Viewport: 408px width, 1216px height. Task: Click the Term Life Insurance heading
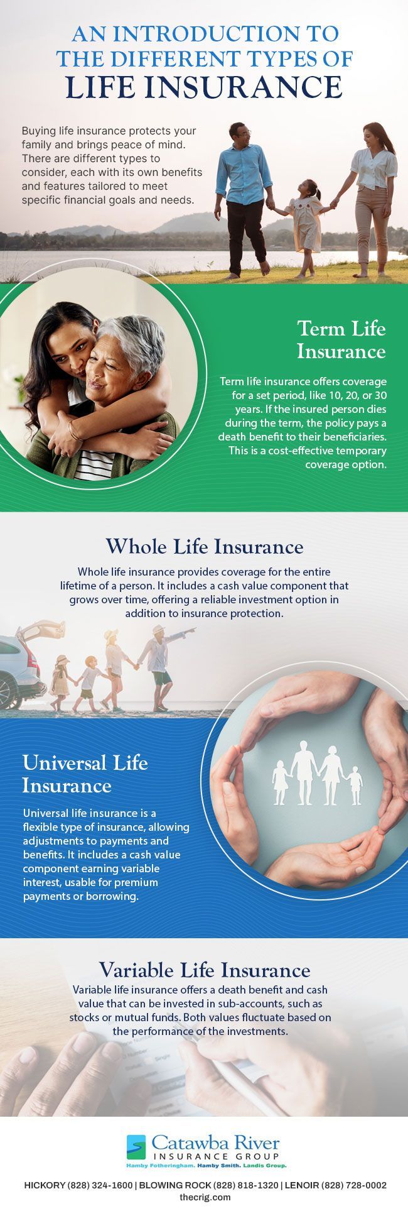tap(341, 339)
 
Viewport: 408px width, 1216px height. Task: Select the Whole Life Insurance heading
tap(204, 546)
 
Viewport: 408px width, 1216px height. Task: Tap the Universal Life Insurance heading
tap(85, 774)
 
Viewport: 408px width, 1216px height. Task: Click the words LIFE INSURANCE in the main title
tap(204, 87)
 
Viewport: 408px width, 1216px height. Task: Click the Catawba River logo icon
tap(136, 1146)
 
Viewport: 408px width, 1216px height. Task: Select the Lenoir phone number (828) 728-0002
tap(354, 1185)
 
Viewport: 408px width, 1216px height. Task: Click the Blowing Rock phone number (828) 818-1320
tap(245, 1185)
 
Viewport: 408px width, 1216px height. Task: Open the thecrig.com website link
tap(205, 1197)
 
